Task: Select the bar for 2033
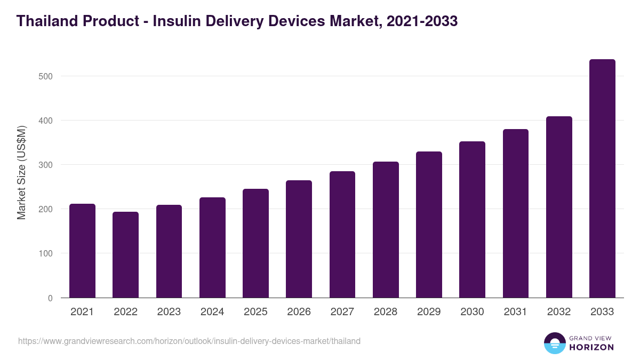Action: point(602,179)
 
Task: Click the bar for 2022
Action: point(125,255)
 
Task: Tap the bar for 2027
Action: point(342,235)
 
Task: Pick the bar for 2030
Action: point(472,220)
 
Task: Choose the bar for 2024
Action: point(212,247)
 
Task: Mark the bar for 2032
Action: point(559,207)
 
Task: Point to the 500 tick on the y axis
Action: point(46,76)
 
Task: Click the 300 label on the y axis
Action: point(46,165)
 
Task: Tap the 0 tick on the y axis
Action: point(50,298)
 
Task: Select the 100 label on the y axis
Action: point(46,253)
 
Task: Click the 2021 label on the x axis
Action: point(82,312)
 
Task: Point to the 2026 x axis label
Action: point(299,312)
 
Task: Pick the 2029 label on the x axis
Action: point(429,312)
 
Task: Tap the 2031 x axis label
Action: point(515,312)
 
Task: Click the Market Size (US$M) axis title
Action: point(21,173)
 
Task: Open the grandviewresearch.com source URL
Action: point(189,341)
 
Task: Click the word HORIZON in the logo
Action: point(591,347)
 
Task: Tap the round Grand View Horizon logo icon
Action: point(554,343)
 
